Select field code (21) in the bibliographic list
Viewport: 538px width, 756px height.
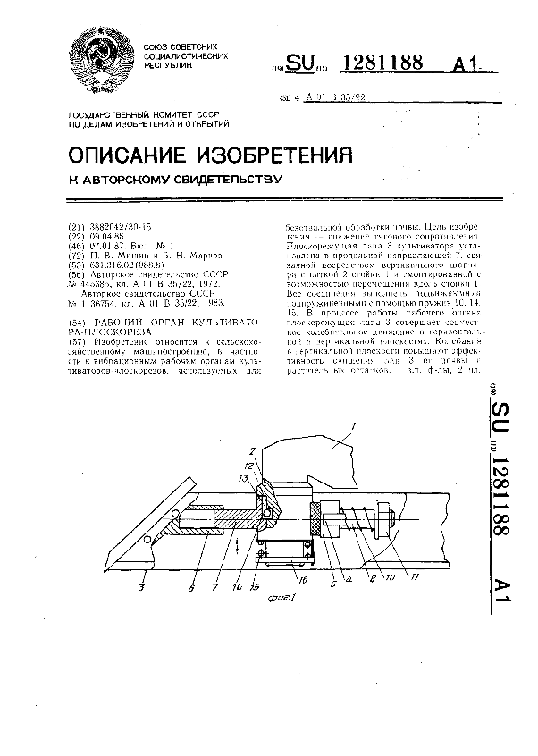click(78, 228)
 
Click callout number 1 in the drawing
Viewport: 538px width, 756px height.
click(353, 426)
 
